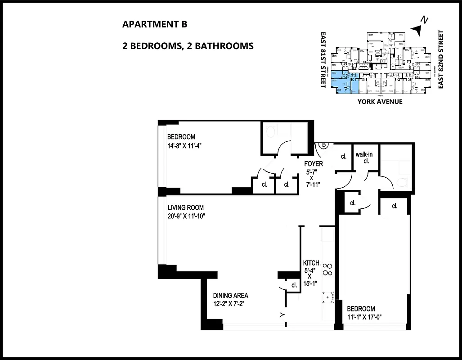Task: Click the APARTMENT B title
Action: (x=154, y=24)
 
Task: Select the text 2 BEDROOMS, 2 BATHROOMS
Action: (x=188, y=45)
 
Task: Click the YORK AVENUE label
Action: (x=380, y=102)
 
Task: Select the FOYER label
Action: (x=313, y=164)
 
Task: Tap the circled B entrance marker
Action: (x=323, y=144)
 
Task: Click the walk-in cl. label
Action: (x=364, y=157)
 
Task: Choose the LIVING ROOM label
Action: (x=185, y=208)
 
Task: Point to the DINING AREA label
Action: (x=230, y=296)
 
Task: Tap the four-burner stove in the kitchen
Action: (x=328, y=270)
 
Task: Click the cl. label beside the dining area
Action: (x=294, y=285)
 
